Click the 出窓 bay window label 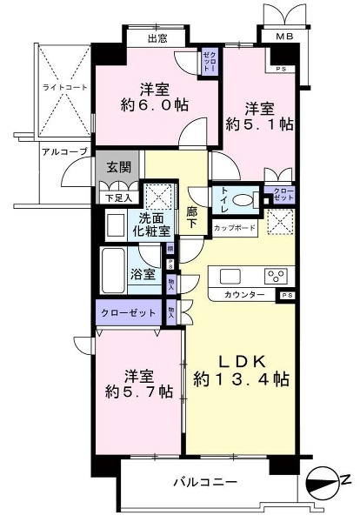[157, 39]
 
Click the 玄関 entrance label [118, 168]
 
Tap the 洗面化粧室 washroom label [147, 228]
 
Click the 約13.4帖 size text [242, 379]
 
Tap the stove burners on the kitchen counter [278, 278]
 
